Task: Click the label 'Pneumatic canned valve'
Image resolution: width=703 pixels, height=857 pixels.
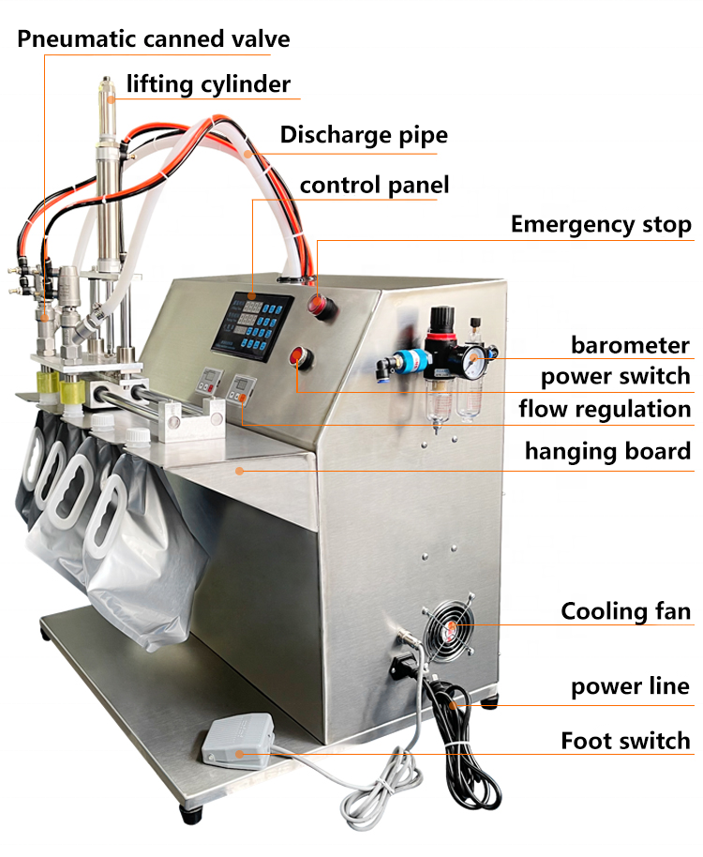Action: point(153,39)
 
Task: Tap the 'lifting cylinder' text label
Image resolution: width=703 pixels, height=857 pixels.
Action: point(208,84)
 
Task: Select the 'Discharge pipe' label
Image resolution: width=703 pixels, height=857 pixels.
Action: point(364,135)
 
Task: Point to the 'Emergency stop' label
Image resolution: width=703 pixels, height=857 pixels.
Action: point(600,225)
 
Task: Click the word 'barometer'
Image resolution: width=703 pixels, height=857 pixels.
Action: point(630,345)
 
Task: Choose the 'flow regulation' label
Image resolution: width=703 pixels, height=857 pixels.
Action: point(605,410)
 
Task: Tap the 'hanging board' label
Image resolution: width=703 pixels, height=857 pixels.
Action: point(606,452)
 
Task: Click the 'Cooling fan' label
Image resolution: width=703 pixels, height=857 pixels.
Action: point(625,612)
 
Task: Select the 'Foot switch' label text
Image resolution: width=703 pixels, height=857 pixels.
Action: point(625,741)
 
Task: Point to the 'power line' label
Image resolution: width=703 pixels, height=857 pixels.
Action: point(630,686)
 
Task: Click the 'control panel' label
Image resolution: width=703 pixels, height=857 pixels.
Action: point(374,186)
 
